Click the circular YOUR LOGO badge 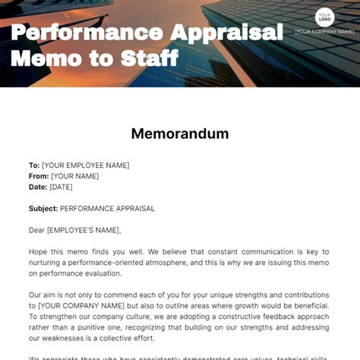(x=325, y=17)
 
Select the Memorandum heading (x=180, y=134)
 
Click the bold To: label (x=34, y=165)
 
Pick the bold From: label (x=39, y=175)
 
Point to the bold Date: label (x=38, y=187)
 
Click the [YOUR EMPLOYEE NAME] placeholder (x=86, y=165)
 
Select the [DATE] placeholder (x=62, y=187)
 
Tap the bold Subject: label (x=43, y=208)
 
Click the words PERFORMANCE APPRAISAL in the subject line (x=107, y=208)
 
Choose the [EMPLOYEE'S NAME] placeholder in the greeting (x=84, y=230)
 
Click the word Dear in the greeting (x=37, y=230)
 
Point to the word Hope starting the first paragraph (x=39, y=251)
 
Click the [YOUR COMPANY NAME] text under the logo (x=325, y=32)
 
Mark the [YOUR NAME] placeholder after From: (x=74, y=175)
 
